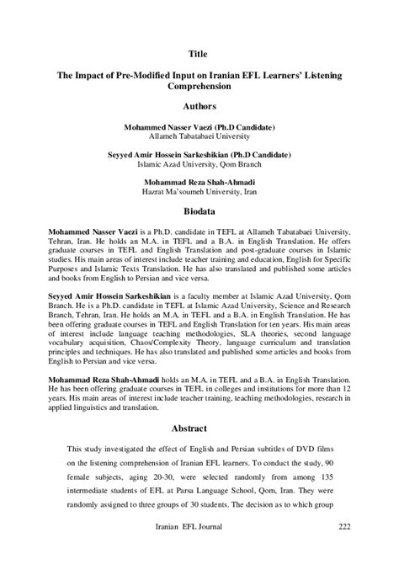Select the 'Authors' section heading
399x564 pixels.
click(x=199, y=107)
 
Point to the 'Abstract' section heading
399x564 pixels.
click(x=199, y=425)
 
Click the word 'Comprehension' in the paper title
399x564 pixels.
click(x=199, y=86)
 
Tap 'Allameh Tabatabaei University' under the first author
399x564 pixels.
click(x=199, y=135)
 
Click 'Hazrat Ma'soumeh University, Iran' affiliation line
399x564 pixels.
click(x=199, y=193)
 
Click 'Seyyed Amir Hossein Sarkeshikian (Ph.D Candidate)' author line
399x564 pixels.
click(x=199, y=154)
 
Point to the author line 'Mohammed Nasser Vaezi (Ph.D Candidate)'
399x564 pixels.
click(x=199, y=125)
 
